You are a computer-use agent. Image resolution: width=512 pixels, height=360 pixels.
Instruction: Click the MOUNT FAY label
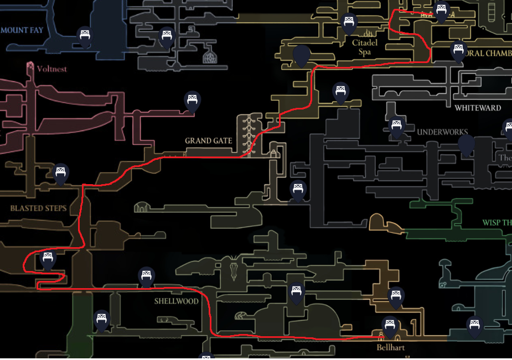(22, 30)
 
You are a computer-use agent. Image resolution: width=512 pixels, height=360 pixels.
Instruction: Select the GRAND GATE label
(208, 140)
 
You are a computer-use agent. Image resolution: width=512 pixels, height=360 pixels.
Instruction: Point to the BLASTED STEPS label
(38, 208)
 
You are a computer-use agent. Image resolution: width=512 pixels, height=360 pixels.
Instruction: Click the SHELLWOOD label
(176, 301)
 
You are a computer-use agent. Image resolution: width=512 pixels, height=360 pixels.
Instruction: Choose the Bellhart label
(390, 348)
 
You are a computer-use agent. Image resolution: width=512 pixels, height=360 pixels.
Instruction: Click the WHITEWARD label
(478, 108)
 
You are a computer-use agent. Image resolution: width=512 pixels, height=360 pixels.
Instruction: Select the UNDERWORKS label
(442, 132)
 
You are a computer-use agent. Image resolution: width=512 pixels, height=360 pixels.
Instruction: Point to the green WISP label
(497, 223)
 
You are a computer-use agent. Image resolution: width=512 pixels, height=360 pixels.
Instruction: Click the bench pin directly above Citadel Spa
(349, 23)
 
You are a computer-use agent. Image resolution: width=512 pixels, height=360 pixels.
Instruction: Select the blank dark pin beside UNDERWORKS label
(467, 145)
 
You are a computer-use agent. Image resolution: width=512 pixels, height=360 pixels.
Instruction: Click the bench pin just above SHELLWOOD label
(146, 276)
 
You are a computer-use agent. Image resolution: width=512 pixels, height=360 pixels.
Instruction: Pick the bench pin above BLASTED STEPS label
(61, 173)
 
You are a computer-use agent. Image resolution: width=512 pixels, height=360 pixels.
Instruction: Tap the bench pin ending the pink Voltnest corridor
(192, 101)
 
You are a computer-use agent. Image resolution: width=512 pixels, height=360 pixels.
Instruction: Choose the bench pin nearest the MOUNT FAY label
(85, 36)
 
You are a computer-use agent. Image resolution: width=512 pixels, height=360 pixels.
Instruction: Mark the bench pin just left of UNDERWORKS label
(396, 127)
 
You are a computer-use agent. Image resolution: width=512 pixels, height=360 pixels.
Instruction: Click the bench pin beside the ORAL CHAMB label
(458, 50)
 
